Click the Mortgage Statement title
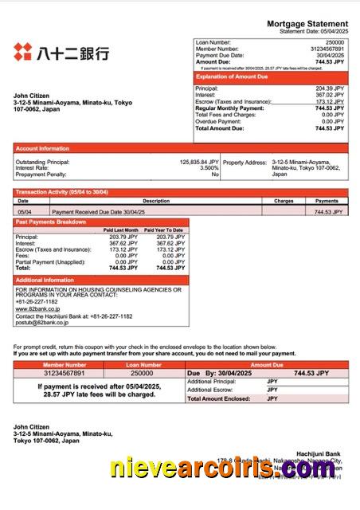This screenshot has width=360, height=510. tap(307, 24)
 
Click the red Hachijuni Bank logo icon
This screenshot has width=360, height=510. tap(22, 53)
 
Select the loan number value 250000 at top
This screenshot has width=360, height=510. tap(335, 41)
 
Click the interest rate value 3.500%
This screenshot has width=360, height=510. tap(209, 167)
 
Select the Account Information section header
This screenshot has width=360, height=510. tap(42, 148)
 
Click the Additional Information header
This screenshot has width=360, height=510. tap(45, 280)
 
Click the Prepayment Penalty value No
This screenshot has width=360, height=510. tap(213, 174)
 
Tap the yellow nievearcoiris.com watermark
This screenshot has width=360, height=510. tap(223, 468)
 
